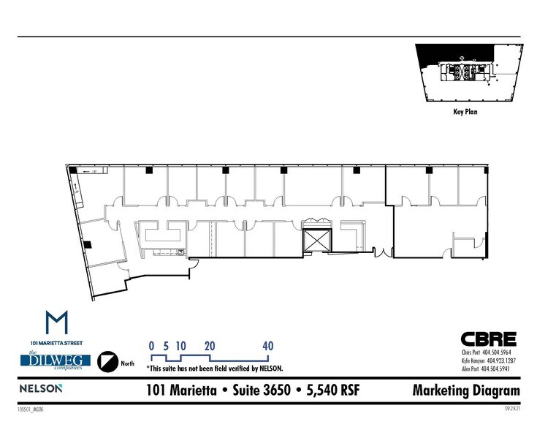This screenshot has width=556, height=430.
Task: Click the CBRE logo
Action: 488,339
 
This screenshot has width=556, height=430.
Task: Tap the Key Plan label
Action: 465,113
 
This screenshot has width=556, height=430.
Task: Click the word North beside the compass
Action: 127,363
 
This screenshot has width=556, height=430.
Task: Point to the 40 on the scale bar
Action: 268,346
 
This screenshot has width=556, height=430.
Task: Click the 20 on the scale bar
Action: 210,346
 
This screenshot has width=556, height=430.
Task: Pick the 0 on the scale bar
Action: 151,346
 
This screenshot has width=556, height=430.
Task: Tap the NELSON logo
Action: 41,388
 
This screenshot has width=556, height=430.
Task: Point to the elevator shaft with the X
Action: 316,241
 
